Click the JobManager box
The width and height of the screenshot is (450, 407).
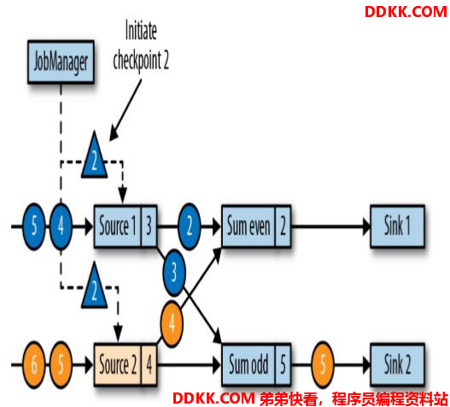[x=61, y=62]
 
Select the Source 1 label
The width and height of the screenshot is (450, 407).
[x=117, y=226]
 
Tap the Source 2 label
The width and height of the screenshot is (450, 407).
[x=118, y=364]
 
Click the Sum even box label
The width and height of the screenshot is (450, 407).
[x=248, y=226]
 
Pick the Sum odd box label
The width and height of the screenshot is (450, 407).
[x=248, y=364]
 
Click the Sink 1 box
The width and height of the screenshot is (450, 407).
[x=397, y=226]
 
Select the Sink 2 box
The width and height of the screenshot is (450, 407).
[x=397, y=364]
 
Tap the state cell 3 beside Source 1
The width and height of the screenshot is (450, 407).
[x=149, y=226]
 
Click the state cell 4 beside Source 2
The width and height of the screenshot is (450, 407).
[x=149, y=364]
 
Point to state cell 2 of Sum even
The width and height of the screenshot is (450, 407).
[x=283, y=226]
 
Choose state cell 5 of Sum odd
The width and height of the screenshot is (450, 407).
[x=283, y=364]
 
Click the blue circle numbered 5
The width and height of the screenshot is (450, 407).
[x=34, y=226]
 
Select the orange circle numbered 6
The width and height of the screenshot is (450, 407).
[x=34, y=364]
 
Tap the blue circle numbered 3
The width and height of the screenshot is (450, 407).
[x=174, y=273]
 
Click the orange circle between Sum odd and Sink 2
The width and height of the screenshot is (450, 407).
[x=323, y=364]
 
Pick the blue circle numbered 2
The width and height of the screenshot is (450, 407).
[x=190, y=226]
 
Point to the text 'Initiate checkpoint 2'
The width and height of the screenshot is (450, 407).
[x=141, y=45]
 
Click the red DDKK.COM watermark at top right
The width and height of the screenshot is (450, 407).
[x=406, y=12]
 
